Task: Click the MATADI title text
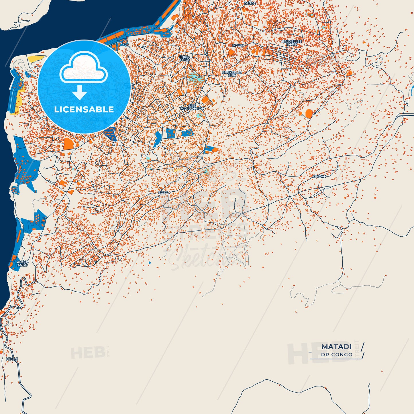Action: [x=336, y=347]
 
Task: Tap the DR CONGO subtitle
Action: [x=337, y=355]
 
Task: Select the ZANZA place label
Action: [x=250, y=3]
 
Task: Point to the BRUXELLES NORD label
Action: [x=292, y=43]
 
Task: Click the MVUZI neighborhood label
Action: [x=238, y=46]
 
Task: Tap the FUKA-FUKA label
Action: [x=184, y=58]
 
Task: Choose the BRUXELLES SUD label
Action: [x=232, y=74]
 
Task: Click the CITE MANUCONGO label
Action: [x=192, y=107]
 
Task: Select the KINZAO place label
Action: [x=319, y=177]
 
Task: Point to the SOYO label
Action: [x=163, y=193]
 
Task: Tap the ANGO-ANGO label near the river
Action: [x=22, y=264]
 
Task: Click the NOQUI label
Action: [x=12, y=359]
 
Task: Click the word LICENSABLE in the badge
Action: [x=84, y=109]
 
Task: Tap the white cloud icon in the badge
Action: [x=83, y=67]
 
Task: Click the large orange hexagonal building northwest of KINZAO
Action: [x=309, y=113]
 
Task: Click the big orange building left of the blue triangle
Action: [x=68, y=144]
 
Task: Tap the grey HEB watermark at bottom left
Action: [x=87, y=353]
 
